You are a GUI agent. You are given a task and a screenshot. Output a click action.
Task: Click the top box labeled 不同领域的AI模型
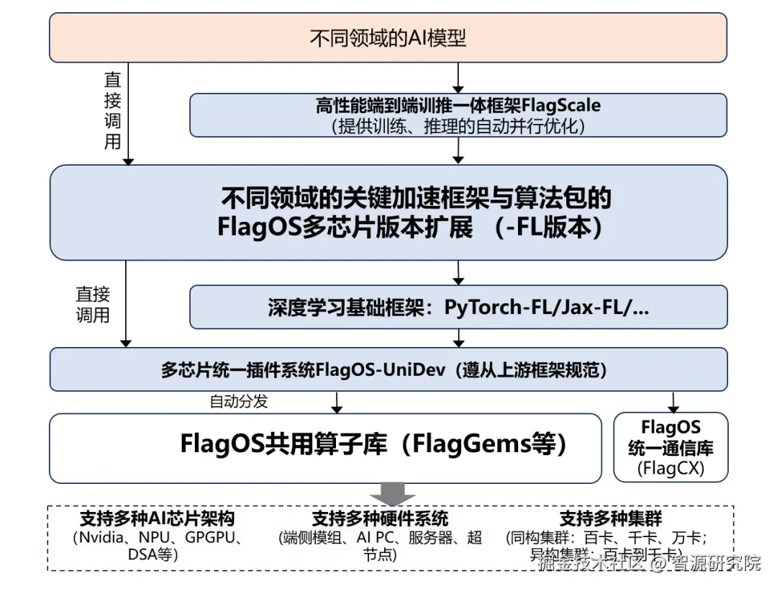click(388, 37)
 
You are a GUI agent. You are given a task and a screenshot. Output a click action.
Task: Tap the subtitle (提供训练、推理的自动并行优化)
click(458, 125)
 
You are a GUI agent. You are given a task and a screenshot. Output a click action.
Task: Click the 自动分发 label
click(238, 401)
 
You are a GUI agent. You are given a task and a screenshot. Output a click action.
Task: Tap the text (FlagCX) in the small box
click(671, 469)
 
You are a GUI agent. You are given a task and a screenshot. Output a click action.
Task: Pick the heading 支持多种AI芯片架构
click(157, 518)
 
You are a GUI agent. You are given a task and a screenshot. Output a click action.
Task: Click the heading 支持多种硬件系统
click(380, 518)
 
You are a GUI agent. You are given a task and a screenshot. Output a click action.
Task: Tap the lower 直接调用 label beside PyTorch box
click(93, 304)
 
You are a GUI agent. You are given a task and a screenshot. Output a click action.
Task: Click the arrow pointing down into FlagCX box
click(673, 402)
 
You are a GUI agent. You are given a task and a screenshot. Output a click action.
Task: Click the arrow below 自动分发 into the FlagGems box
click(337, 403)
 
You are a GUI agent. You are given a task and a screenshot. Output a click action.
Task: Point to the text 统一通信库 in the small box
click(671, 448)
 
